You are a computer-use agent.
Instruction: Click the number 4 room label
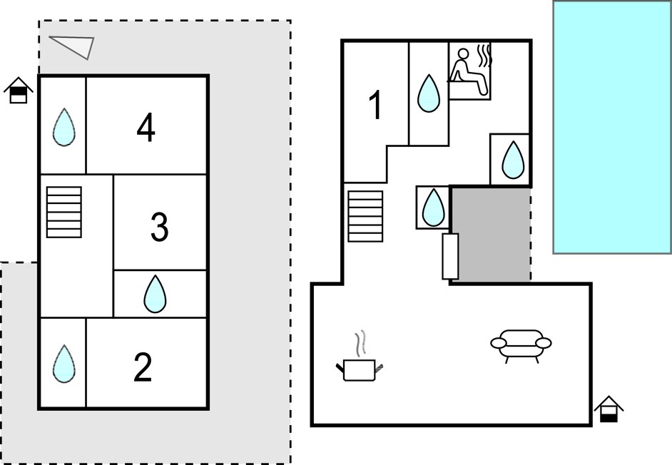146,128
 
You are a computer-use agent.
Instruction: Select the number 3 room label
159,227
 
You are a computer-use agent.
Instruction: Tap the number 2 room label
143,367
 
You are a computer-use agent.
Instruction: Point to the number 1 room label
375,105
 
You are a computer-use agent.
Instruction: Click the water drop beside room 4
64,127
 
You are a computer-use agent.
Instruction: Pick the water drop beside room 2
64,364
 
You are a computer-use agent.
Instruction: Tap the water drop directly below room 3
155,294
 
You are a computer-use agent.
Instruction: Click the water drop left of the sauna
429,93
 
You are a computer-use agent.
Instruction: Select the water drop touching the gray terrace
433,208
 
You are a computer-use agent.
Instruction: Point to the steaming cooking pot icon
359,357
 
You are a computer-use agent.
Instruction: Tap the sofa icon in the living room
521,347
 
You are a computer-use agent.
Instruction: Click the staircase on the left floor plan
64,212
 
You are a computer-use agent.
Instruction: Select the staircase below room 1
365,216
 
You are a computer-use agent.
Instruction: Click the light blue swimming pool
612,127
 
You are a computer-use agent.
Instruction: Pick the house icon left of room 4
19,91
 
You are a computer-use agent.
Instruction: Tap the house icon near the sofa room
609,409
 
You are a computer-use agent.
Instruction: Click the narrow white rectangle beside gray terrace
450,256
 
